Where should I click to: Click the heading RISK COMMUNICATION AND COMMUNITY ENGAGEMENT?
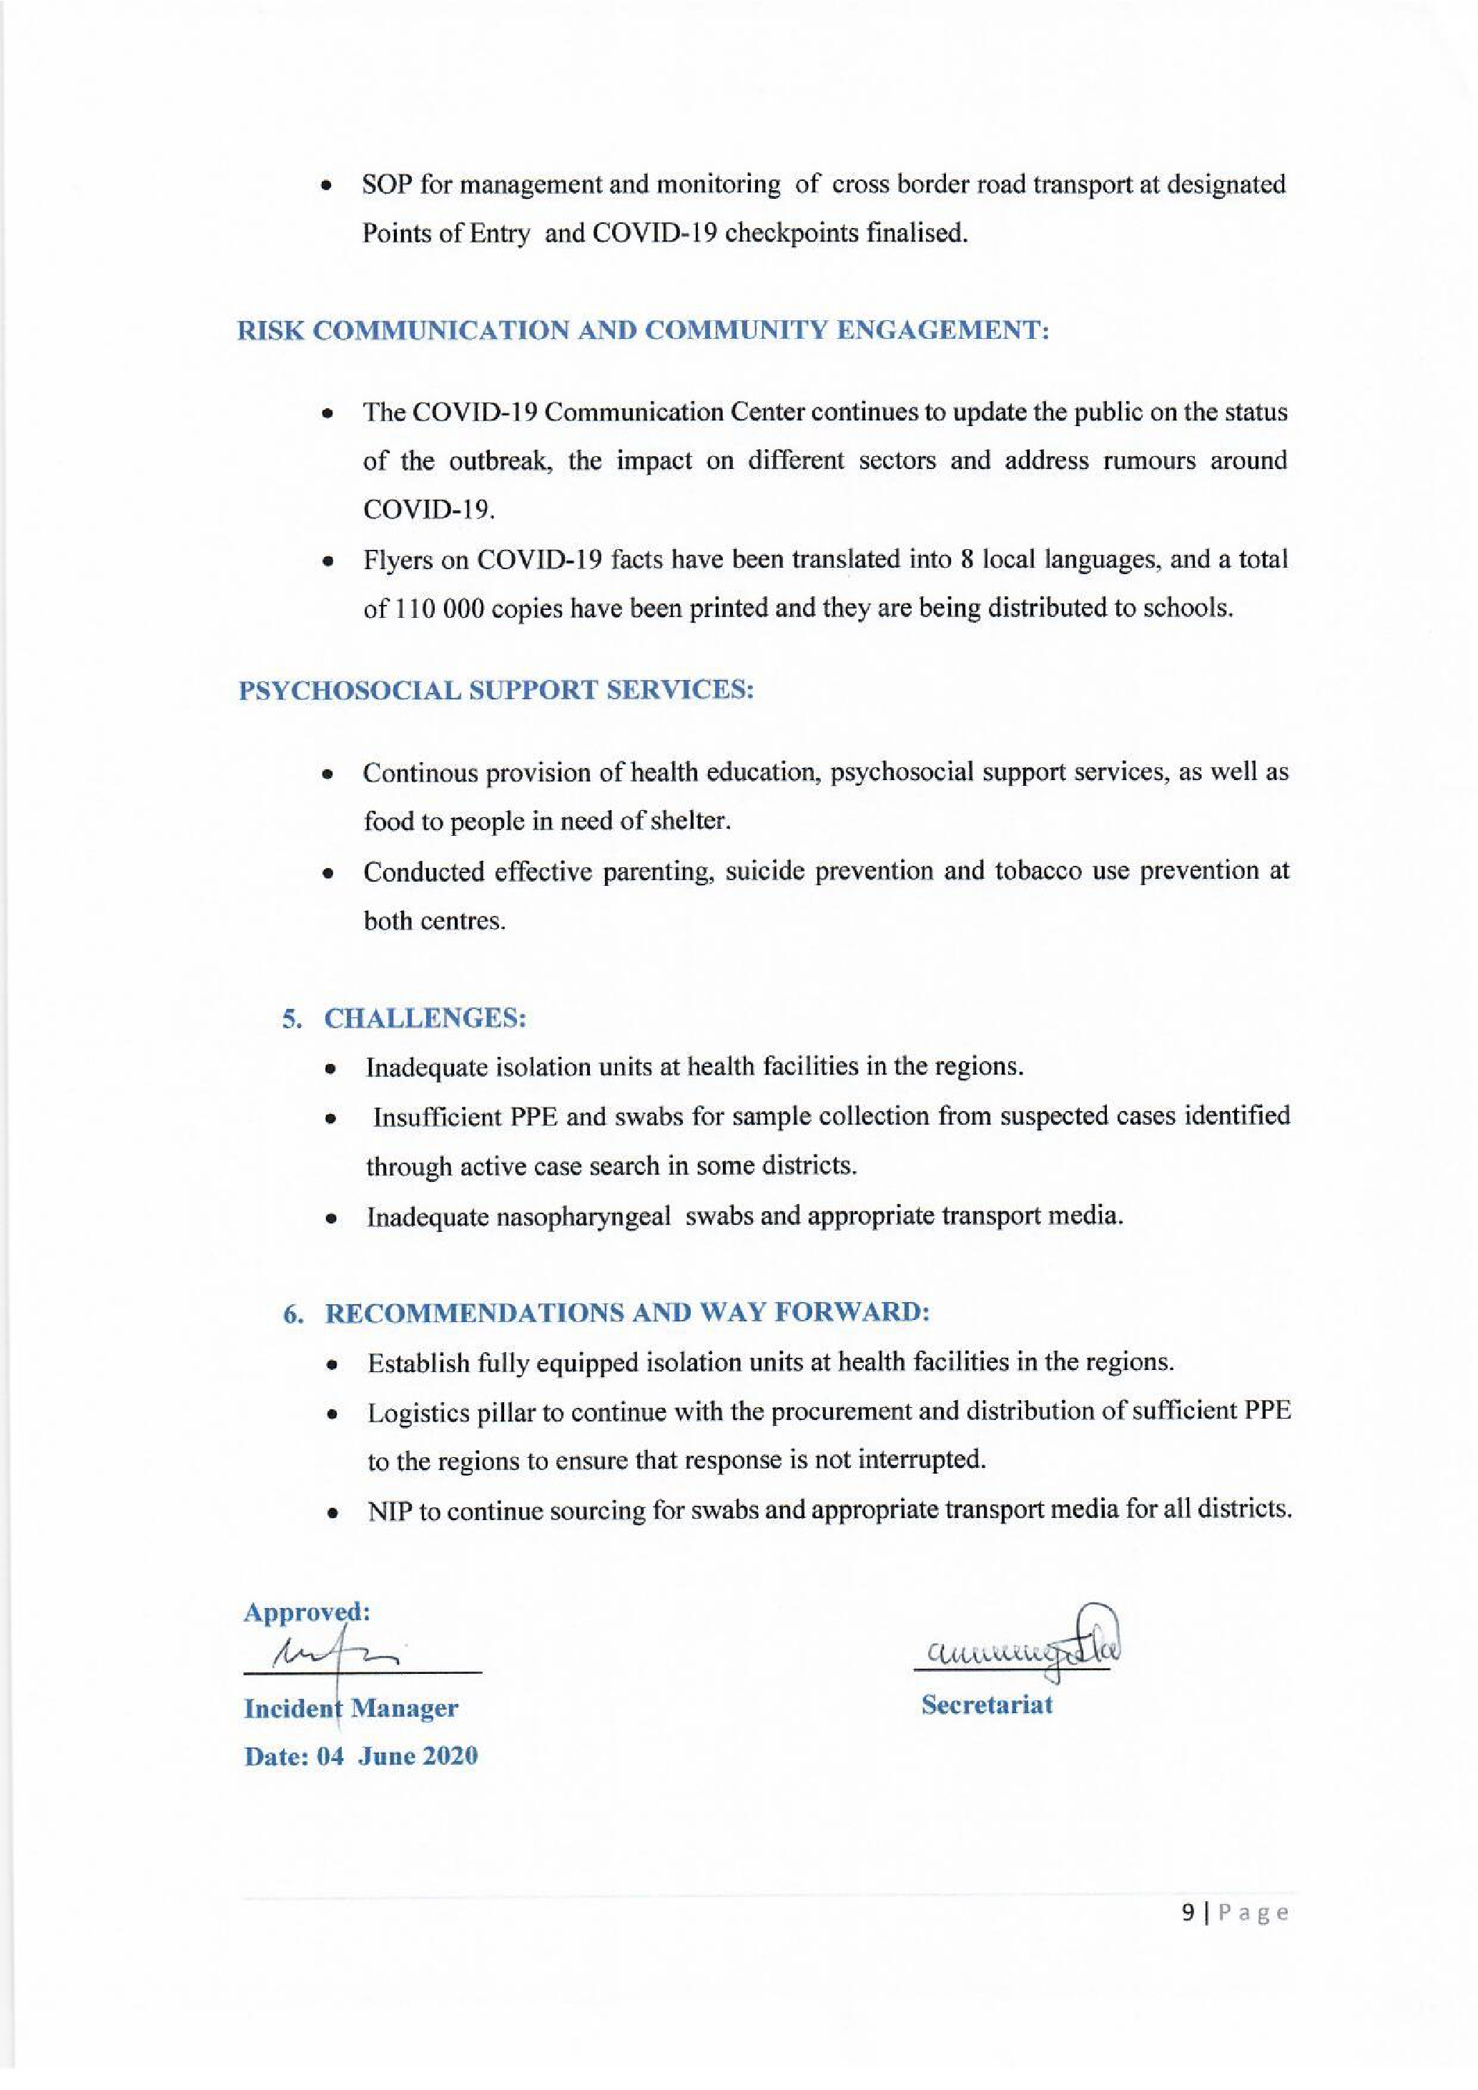click(x=644, y=330)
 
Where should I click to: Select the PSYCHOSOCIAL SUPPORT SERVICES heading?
click(x=496, y=690)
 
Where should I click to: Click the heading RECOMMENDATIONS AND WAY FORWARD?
click(x=627, y=1313)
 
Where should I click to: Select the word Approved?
click(x=305, y=1612)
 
